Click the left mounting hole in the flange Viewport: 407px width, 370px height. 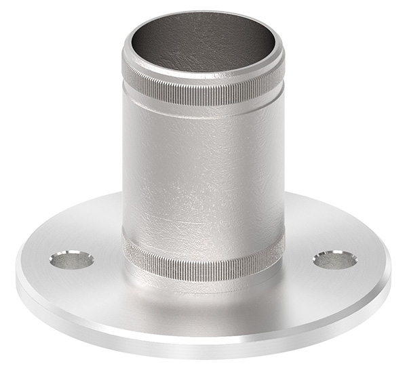tap(71, 260)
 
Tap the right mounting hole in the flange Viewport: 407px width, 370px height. tap(334, 260)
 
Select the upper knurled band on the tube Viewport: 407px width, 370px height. tap(203, 94)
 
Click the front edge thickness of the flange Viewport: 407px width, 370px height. tap(203, 336)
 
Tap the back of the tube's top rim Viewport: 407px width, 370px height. tap(203, 12)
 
